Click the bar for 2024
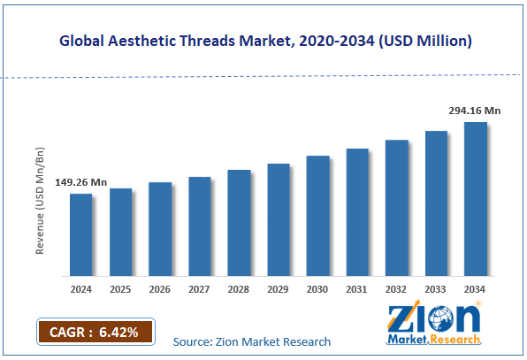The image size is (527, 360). (x=81, y=234)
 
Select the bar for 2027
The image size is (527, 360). (x=200, y=226)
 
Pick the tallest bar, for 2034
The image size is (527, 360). (x=476, y=198)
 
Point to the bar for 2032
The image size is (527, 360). (x=396, y=207)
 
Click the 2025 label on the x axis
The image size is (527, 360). (x=120, y=289)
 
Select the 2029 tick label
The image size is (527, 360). (x=279, y=289)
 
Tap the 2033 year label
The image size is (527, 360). (x=436, y=289)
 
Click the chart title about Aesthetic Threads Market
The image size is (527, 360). (x=264, y=41)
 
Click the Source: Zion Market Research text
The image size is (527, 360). (x=252, y=341)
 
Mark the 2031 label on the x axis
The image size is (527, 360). (x=357, y=289)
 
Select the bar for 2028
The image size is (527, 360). (x=239, y=222)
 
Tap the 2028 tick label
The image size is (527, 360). (x=239, y=289)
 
